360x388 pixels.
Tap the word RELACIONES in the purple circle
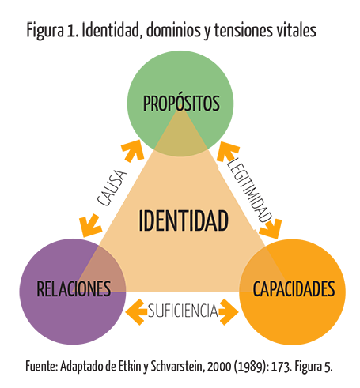[x=74, y=289]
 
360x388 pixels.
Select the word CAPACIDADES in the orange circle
[x=294, y=289]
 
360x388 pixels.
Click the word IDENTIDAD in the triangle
[x=184, y=220]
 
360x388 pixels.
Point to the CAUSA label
[x=112, y=187]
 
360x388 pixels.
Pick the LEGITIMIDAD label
[x=249, y=190]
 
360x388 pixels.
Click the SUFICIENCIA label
[x=183, y=311]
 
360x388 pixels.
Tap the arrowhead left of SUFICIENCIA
[x=136, y=312]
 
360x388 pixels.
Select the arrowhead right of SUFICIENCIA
[x=229, y=312]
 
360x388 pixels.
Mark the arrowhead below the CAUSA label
[x=90, y=225]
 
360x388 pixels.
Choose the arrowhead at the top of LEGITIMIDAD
[x=227, y=151]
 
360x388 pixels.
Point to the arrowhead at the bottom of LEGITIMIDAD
[x=271, y=228]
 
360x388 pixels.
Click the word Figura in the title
[x=45, y=30]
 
